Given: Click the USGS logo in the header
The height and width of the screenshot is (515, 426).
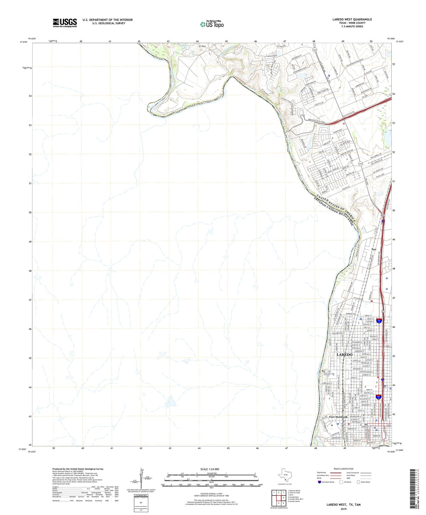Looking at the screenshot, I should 65,23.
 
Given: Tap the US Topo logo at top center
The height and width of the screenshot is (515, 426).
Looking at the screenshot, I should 212,24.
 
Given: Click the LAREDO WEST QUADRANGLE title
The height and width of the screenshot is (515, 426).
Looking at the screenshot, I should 352,19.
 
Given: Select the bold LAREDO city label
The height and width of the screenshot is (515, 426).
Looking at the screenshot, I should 344,355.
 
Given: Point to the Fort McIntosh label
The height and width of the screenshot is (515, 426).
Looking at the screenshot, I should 338,417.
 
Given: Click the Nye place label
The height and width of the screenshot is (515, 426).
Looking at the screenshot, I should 374,249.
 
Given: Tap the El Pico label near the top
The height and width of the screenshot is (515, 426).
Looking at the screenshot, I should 202,46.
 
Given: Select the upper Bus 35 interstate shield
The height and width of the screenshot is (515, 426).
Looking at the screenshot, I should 379,321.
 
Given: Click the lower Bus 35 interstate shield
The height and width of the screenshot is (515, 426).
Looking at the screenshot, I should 379,397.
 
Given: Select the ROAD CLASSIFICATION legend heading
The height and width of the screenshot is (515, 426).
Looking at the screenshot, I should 343,469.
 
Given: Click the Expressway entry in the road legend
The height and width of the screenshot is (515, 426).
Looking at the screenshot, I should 321,473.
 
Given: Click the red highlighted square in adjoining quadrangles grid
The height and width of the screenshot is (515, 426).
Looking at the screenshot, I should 283,498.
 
